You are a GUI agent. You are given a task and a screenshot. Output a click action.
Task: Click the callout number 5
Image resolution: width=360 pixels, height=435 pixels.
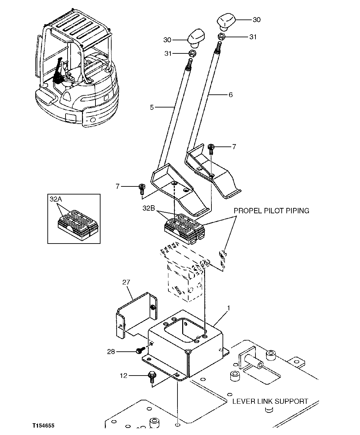click(152, 107)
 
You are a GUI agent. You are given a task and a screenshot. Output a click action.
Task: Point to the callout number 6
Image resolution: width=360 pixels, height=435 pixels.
click(231, 95)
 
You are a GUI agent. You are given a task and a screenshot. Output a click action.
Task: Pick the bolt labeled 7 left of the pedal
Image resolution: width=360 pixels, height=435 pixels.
click(142, 188)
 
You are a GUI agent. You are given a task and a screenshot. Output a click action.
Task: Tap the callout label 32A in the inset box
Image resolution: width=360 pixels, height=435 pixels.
click(56, 199)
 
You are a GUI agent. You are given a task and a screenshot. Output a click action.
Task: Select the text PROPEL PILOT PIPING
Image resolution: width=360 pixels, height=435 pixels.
click(271, 211)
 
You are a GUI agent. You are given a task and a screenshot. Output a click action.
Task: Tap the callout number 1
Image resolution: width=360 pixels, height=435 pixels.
click(228, 308)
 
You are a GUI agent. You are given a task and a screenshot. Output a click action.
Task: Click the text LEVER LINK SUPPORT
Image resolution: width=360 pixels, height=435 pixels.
click(270, 401)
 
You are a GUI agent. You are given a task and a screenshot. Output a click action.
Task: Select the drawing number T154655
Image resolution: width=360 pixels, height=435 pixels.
click(43, 425)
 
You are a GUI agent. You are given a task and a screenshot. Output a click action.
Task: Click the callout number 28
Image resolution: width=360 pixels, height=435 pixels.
click(111, 352)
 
